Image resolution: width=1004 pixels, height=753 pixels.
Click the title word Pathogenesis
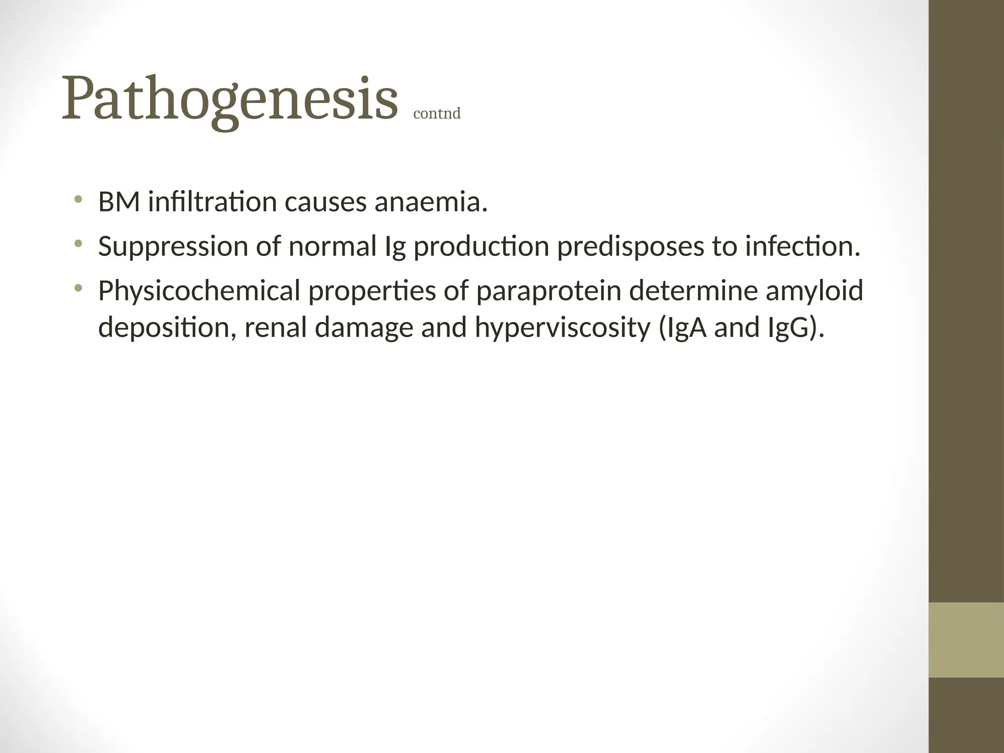[229, 100]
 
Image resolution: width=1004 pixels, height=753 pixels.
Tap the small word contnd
[437, 114]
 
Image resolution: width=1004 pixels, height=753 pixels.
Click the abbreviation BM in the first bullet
[119, 202]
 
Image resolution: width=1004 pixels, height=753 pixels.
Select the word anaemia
[431, 202]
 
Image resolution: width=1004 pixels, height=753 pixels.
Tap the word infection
[803, 247]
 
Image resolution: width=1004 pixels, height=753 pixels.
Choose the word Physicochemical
[199, 291]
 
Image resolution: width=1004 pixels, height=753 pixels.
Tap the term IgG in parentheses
[790, 327]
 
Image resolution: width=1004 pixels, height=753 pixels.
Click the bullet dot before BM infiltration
[78, 199]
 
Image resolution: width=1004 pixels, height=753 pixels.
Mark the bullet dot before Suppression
[78, 243]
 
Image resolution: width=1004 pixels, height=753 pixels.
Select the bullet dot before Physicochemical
[78, 288]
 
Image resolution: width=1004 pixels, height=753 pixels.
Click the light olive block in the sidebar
[966, 640]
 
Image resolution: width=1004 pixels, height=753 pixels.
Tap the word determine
[693, 291]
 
